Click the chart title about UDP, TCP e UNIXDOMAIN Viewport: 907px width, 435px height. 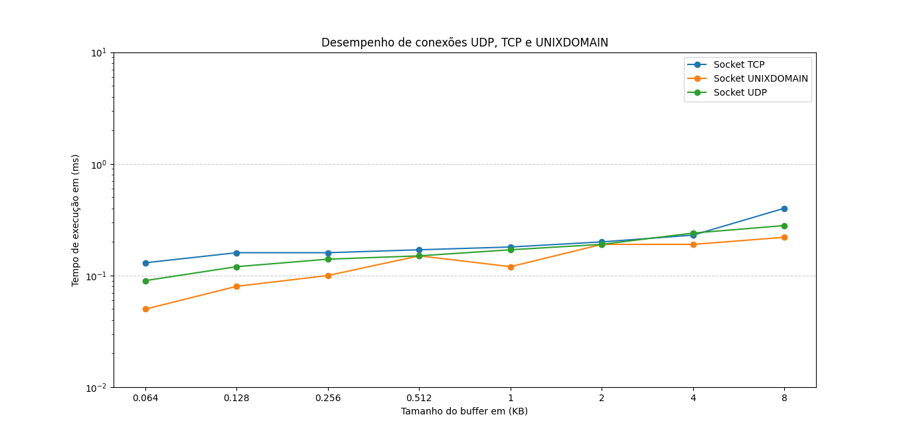coord(465,43)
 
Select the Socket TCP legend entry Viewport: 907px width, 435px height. coord(738,64)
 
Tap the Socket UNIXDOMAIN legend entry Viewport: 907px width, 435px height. coord(760,78)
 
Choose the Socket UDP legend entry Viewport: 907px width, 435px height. coord(740,92)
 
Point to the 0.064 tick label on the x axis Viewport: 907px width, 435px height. coord(145,398)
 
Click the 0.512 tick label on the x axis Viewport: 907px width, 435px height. coord(419,398)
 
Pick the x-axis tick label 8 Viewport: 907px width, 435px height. coord(784,398)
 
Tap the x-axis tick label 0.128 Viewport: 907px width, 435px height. coord(236,398)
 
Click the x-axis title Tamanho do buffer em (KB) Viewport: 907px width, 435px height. coord(464,411)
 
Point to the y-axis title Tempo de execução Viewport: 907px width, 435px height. coord(76,220)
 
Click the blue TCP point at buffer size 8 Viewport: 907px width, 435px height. coord(784,209)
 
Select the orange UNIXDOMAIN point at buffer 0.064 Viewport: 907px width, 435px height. coord(145,309)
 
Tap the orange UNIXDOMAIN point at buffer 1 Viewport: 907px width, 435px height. coord(511,267)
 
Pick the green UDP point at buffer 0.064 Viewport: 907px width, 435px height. coord(145,281)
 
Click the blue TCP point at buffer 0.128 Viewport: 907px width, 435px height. coord(236,253)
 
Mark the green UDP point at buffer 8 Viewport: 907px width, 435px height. coord(784,226)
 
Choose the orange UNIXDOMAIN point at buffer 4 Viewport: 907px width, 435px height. coord(693,244)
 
